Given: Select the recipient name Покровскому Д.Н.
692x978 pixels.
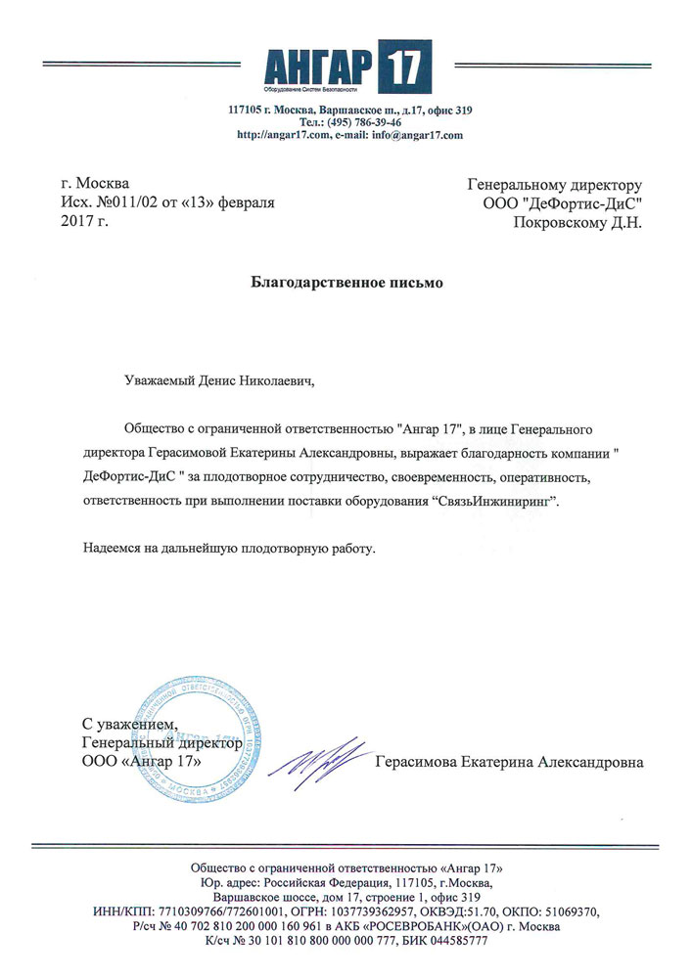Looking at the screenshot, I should coord(578,222).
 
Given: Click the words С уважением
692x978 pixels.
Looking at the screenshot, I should coord(129,724).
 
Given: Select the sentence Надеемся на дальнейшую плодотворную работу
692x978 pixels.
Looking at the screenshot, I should coord(229,550).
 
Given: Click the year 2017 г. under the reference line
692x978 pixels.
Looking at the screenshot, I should coord(84,222).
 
